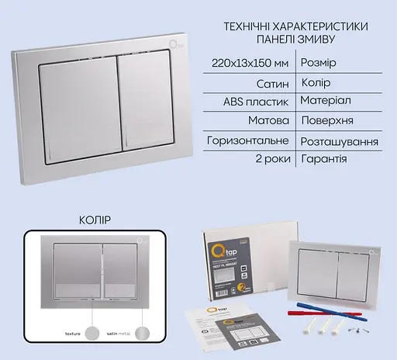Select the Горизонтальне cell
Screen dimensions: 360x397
249,142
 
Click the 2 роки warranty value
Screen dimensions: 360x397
272,159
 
